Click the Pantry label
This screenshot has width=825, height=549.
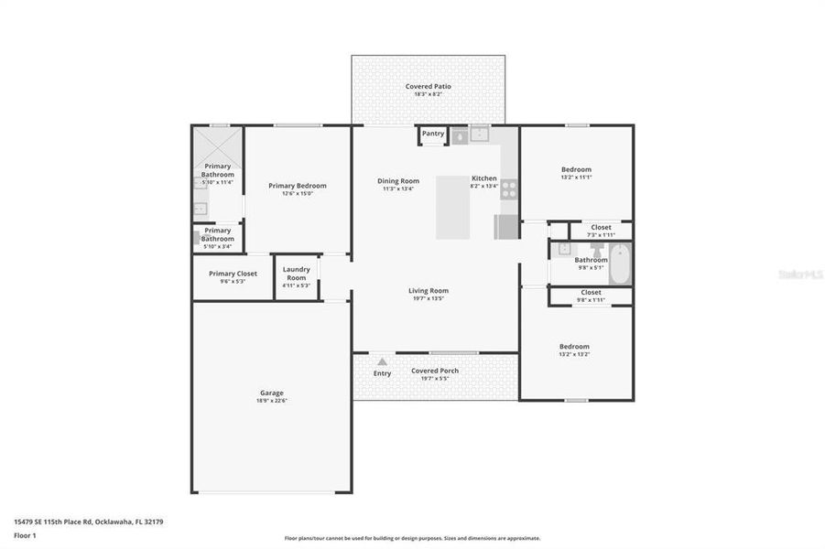433,135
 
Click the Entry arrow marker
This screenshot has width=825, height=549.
382,362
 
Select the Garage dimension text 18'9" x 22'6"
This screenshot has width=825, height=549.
271,401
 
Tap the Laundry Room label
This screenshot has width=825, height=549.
296,274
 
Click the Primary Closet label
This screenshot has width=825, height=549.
233,274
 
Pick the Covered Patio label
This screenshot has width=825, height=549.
428,87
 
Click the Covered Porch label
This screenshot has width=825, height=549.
434,371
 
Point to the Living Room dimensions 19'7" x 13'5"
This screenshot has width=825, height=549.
428,298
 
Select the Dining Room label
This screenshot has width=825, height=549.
398,181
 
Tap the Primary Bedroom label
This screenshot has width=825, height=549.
297,186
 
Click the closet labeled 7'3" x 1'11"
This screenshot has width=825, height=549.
601,231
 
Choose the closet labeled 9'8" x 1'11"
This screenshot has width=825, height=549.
591,296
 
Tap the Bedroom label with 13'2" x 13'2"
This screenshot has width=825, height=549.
574,347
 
